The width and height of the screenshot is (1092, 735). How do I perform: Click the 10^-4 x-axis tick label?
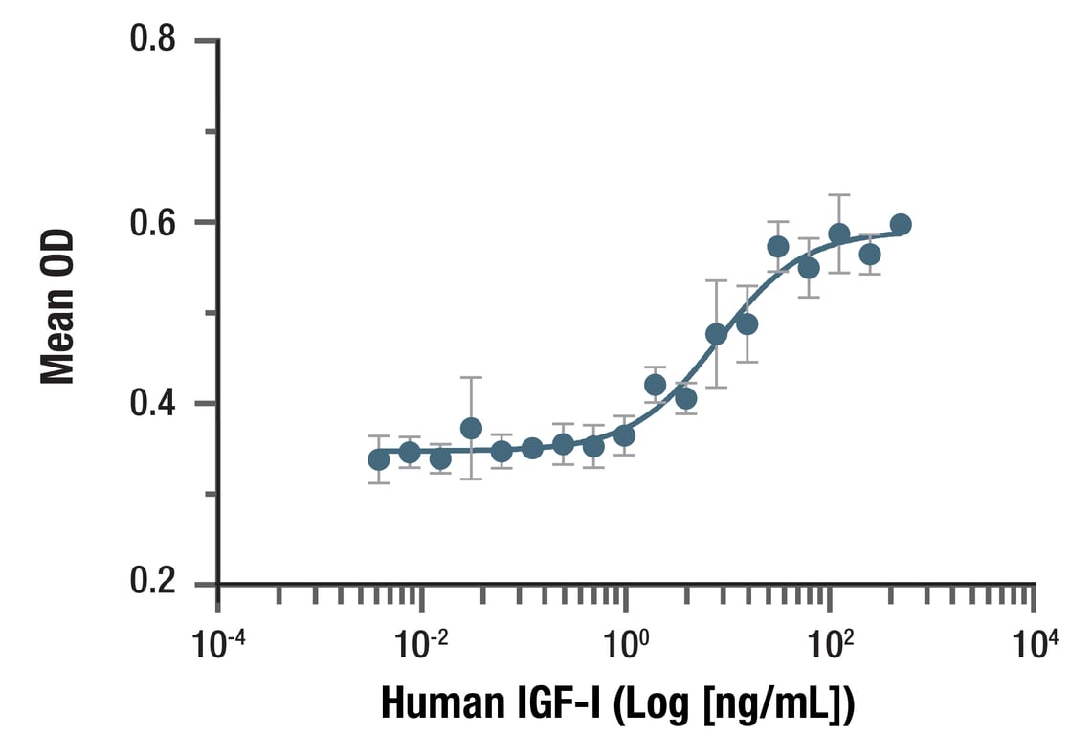(x=219, y=643)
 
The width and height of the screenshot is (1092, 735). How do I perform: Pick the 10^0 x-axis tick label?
(x=628, y=643)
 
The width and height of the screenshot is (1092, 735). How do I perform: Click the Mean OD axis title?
(x=57, y=306)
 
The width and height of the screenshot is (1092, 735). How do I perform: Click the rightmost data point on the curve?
(x=901, y=225)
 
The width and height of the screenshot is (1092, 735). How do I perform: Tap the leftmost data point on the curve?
(x=379, y=459)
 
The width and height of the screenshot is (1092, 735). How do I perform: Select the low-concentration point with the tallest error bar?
(x=471, y=428)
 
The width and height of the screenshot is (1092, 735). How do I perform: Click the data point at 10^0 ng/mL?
(x=625, y=435)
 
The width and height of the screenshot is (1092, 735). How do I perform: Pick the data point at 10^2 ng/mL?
(x=839, y=234)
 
